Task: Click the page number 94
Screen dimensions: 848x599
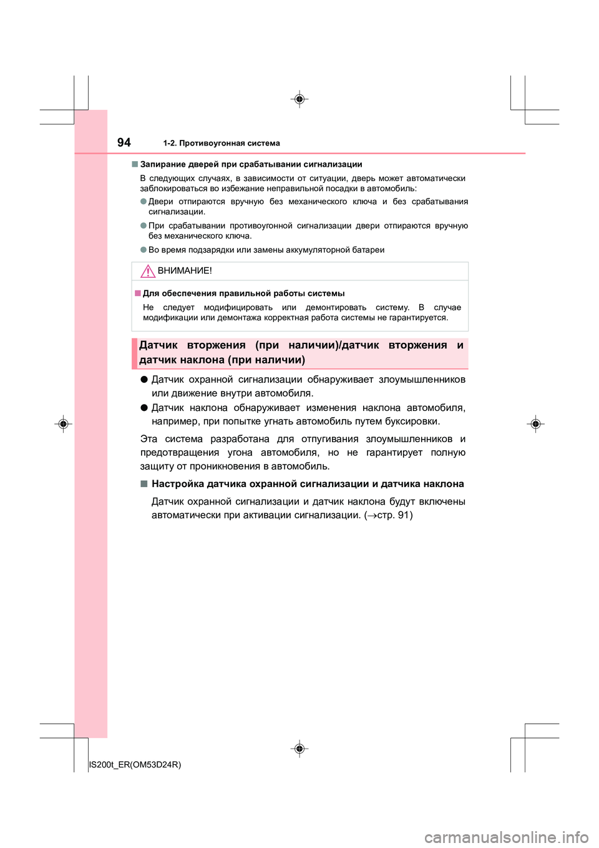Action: click(124, 142)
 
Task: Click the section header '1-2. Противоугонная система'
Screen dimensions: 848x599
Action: click(222, 144)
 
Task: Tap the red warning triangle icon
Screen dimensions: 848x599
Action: click(148, 271)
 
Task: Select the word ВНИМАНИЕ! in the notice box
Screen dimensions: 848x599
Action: click(185, 271)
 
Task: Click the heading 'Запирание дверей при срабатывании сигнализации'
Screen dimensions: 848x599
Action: click(251, 164)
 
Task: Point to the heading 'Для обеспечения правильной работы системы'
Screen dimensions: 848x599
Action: click(243, 293)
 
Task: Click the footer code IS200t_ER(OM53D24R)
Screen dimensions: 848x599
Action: click(135, 764)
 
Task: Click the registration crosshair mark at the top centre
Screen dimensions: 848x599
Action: click(299, 99)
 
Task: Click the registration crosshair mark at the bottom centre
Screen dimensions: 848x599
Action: click(299, 748)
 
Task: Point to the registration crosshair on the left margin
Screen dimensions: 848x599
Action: click(63, 424)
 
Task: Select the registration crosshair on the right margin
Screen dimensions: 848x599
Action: click(535, 424)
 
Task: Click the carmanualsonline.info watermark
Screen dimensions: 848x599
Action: click(506, 837)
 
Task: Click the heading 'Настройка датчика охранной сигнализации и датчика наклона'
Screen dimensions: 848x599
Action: click(308, 484)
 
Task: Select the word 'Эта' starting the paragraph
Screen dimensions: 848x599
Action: click(149, 439)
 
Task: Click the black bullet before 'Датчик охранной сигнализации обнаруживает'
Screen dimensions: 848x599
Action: click(144, 379)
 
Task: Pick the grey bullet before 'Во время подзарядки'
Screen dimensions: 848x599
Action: click(144, 250)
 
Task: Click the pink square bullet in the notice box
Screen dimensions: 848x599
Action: click(138, 293)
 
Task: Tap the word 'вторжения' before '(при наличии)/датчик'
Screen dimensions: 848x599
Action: click(216, 345)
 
